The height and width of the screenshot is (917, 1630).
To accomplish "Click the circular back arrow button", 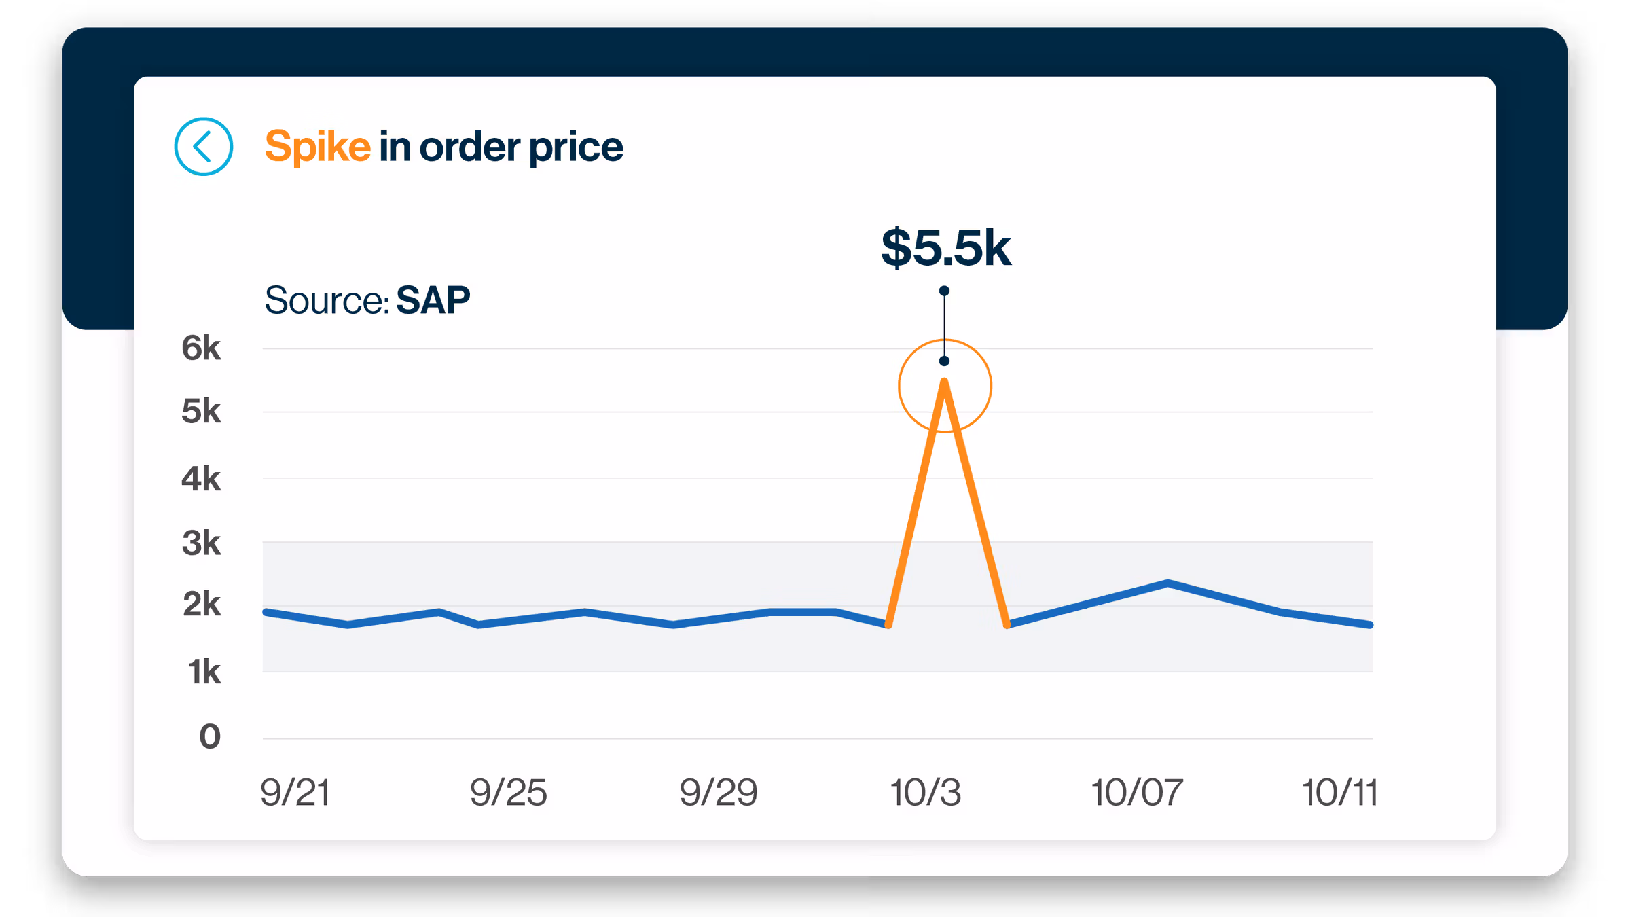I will (203, 147).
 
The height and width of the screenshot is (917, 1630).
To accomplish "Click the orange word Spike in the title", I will (317, 147).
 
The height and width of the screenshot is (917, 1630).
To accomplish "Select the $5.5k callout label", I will (945, 248).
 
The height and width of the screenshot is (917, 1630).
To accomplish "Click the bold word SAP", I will (433, 300).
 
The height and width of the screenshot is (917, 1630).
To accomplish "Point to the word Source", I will (325, 300).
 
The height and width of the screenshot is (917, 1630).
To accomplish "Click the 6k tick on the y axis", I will (201, 348).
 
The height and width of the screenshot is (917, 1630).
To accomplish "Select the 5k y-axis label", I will (201, 412).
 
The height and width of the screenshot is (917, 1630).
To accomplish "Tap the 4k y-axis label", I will (201, 479).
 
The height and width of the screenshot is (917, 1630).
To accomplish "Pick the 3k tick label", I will (201, 543).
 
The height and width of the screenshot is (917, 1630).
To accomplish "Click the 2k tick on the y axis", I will (201, 605).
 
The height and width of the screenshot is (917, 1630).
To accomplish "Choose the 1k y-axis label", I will (204, 672).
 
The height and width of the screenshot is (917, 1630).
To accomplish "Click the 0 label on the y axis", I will (210, 737).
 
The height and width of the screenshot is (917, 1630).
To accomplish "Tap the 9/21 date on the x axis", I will (295, 793).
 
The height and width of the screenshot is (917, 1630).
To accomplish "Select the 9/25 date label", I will (508, 793).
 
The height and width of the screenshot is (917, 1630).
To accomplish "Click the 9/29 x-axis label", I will (719, 793).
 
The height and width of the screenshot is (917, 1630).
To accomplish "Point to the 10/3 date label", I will (926, 793).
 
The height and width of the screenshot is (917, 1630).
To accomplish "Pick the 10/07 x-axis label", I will (1137, 793).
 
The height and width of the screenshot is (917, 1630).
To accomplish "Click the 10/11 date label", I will (1339, 793).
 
